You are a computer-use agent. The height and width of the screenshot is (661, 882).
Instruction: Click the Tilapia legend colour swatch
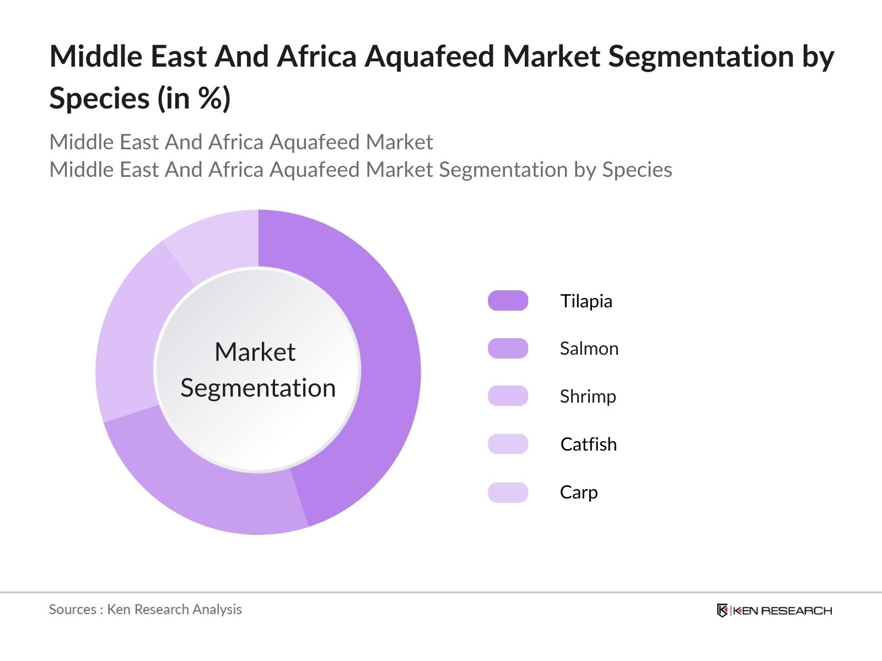coord(508,301)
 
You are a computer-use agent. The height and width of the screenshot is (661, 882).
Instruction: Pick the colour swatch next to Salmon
coord(508,349)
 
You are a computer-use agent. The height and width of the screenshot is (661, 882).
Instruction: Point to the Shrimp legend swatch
coord(508,396)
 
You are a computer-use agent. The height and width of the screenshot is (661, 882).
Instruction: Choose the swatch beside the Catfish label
coord(508,444)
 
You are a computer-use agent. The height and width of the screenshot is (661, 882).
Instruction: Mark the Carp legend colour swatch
coord(508,492)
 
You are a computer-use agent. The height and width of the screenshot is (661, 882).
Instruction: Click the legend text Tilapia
coord(586,301)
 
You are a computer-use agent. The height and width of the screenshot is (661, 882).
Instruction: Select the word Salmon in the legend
coord(589,349)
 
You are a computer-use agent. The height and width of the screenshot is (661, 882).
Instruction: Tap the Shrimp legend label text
coord(588,397)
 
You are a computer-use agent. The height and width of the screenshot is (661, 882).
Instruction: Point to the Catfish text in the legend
coord(588,445)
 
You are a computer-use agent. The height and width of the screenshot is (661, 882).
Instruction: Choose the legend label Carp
coord(578,492)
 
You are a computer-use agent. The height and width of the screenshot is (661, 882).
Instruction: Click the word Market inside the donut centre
coord(255,352)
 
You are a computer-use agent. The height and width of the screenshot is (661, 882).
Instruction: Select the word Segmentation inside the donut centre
coord(258,388)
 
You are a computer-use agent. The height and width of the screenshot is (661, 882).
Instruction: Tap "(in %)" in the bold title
coord(194,99)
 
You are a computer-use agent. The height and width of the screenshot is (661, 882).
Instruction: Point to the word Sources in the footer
coord(72,609)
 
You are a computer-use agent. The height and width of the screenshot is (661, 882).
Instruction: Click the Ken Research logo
coord(774,610)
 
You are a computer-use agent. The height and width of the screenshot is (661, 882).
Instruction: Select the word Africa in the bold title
coord(316,57)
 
